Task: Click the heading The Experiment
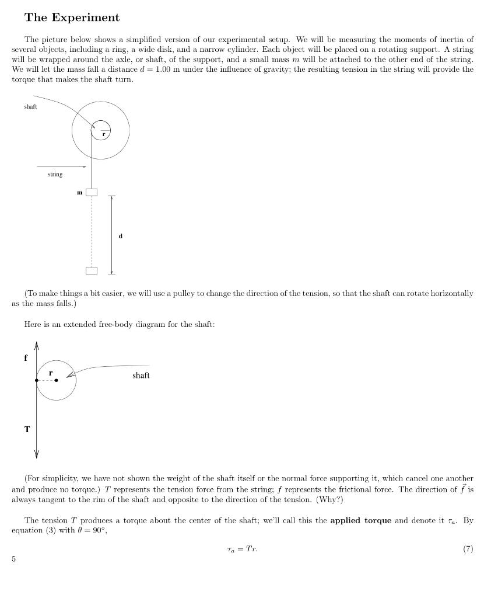pyautogui.click(x=72, y=18)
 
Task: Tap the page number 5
pyautogui.click(x=13, y=559)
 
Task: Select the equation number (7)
pyautogui.click(x=467, y=549)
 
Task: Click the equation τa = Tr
pyautogui.click(x=242, y=549)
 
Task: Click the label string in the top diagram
pyautogui.click(x=55, y=174)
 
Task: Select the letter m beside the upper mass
pyautogui.click(x=80, y=192)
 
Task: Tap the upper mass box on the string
pyautogui.click(x=92, y=192)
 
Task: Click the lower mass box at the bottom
pyautogui.click(x=92, y=270)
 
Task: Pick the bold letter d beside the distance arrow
pyautogui.click(x=120, y=236)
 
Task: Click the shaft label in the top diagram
pyautogui.click(x=31, y=106)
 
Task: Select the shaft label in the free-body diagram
pyautogui.click(x=141, y=376)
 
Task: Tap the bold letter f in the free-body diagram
pyautogui.click(x=26, y=358)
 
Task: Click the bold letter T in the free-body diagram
pyautogui.click(x=27, y=429)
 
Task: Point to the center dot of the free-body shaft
pyautogui.click(x=56, y=380)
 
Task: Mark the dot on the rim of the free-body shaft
pyautogui.click(x=37, y=380)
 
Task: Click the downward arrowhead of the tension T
pyautogui.click(x=37, y=454)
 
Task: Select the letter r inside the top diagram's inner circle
pyautogui.click(x=104, y=134)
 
